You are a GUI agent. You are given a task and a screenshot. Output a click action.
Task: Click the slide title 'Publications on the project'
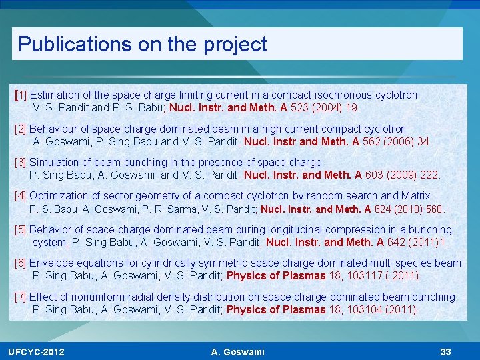(x=142, y=44)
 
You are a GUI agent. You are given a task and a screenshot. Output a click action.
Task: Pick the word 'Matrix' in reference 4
(x=415, y=196)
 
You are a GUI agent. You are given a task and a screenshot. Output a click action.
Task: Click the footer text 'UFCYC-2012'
(x=36, y=352)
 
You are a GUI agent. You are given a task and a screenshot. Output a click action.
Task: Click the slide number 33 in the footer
(x=446, y=352)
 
